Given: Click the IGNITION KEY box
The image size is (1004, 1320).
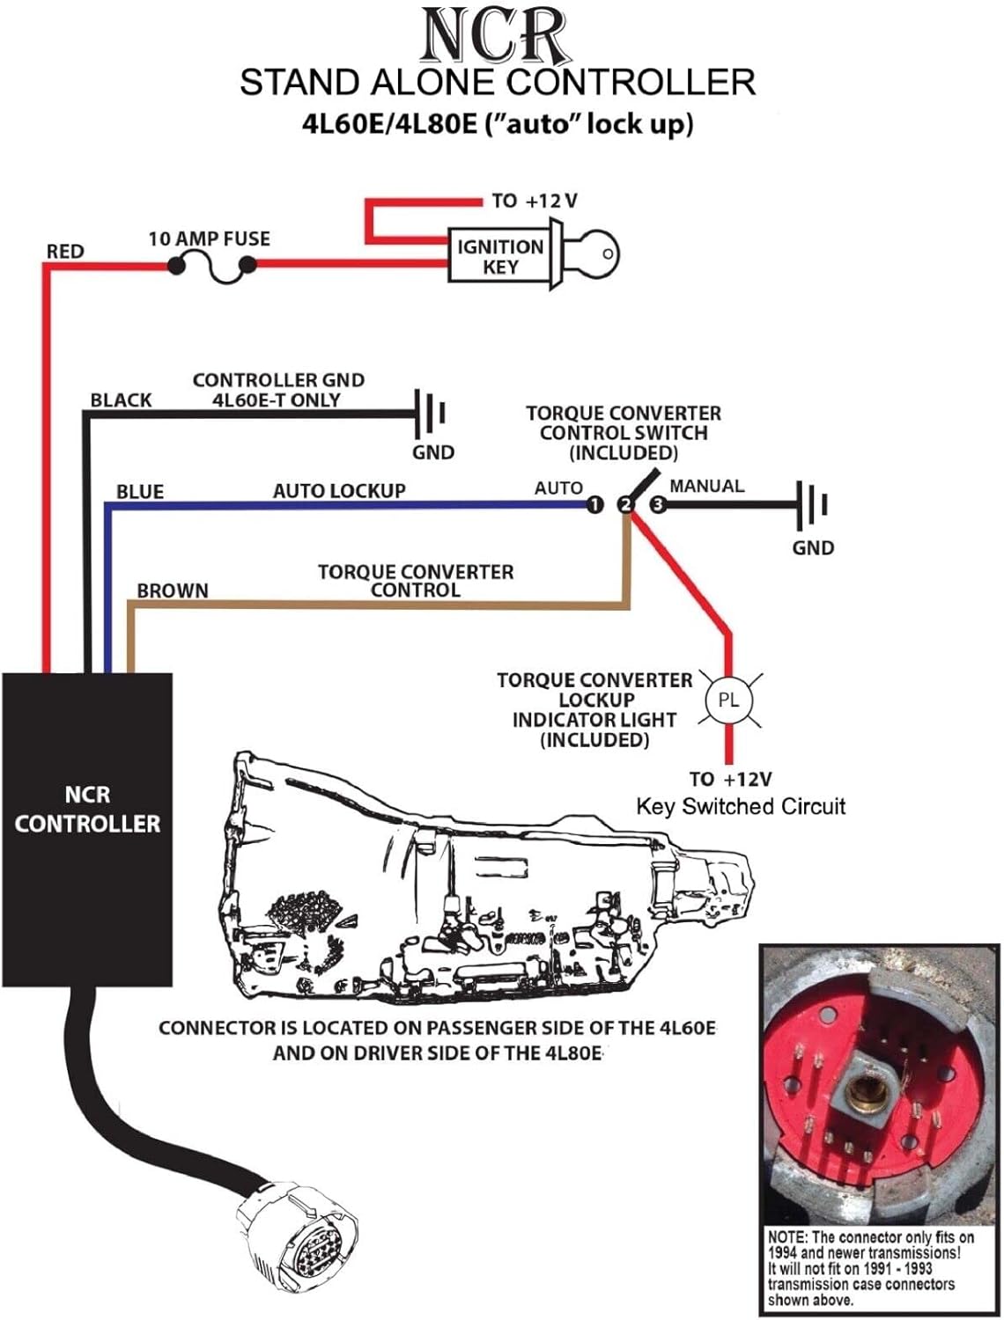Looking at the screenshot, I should point(499,256).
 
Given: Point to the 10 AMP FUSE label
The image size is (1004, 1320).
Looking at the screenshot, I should point(209,238).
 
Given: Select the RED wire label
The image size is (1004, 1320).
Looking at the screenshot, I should point(65,252).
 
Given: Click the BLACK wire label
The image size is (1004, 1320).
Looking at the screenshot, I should point(121,400).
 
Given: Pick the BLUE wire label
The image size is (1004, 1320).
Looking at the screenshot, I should point(140,491).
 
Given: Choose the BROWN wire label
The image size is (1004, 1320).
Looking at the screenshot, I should point(173,590).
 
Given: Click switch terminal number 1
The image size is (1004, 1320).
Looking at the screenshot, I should point(595,504).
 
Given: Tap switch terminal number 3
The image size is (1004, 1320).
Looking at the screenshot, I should point(657,504).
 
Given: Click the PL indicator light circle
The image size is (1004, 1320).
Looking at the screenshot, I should point(728,700).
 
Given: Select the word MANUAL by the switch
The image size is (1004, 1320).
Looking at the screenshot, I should point(706,486).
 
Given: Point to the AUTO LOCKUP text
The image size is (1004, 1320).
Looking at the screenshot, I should point(339,491).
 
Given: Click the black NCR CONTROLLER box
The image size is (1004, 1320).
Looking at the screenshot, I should point(87,828).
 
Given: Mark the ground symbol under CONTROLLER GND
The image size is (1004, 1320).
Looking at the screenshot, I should point(432,412).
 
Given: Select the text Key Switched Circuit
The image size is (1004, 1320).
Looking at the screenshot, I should point(741,806).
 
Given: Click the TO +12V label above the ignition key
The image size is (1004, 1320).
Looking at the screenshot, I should point(535,201).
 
